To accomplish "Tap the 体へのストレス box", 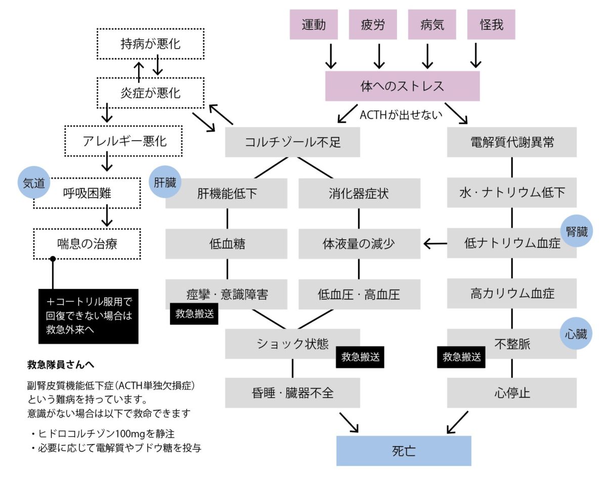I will point(402,86).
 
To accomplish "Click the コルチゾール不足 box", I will point(292,142).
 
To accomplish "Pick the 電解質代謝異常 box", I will point(511,142).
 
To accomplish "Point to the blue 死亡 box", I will point(404,451).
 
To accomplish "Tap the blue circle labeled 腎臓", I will point(577,232).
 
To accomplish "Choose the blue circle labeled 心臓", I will point(577,335).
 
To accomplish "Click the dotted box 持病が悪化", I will point(150,44).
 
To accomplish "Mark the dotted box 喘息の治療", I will point(86,243).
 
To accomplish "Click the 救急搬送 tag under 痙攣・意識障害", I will point(194,314).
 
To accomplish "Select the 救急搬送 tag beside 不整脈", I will point(461,357).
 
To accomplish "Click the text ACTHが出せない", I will point(401,114).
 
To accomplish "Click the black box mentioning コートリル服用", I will point(89,316).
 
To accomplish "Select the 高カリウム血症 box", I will point(511,293).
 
